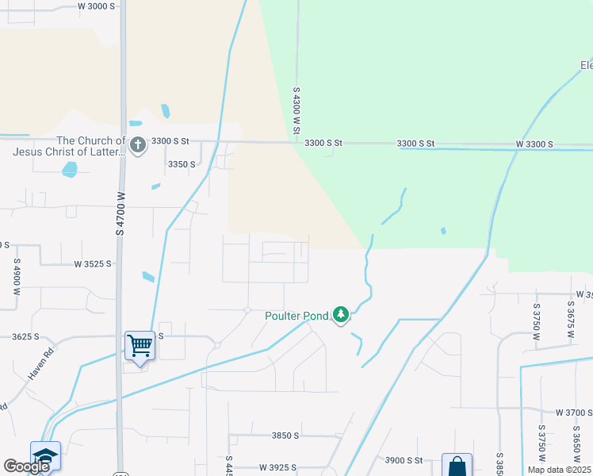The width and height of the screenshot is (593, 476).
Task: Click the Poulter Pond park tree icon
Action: coord(341,315)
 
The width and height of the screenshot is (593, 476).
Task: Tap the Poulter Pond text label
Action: coord(296,316)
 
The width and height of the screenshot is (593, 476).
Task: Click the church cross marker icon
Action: coord(138,145)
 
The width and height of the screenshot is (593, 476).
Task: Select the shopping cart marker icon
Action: coord(140,345)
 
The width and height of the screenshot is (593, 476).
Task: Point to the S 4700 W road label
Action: coord(121,213)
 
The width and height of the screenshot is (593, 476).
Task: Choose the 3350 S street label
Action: coord(182,164)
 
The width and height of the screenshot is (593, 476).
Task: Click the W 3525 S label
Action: coord(94,263)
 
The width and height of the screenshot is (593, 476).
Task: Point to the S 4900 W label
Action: coord(15,277)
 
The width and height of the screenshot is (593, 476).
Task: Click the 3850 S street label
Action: coord(285,436)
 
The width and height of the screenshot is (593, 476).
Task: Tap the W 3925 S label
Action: coord(282,468)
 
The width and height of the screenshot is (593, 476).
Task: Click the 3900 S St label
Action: coord(404,460)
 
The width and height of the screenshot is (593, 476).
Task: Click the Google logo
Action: coord(26,466)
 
